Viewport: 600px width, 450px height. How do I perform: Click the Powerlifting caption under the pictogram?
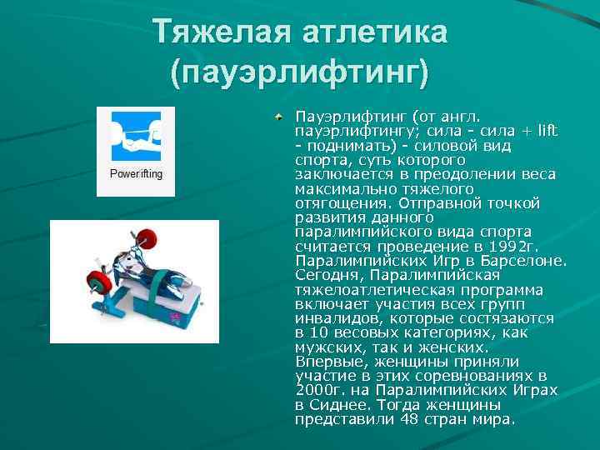(136, 174)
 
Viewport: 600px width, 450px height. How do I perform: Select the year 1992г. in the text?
(517, 247)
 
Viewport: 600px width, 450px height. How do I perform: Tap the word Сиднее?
(343, 404)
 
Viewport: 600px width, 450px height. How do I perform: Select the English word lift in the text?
(547, 131)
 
